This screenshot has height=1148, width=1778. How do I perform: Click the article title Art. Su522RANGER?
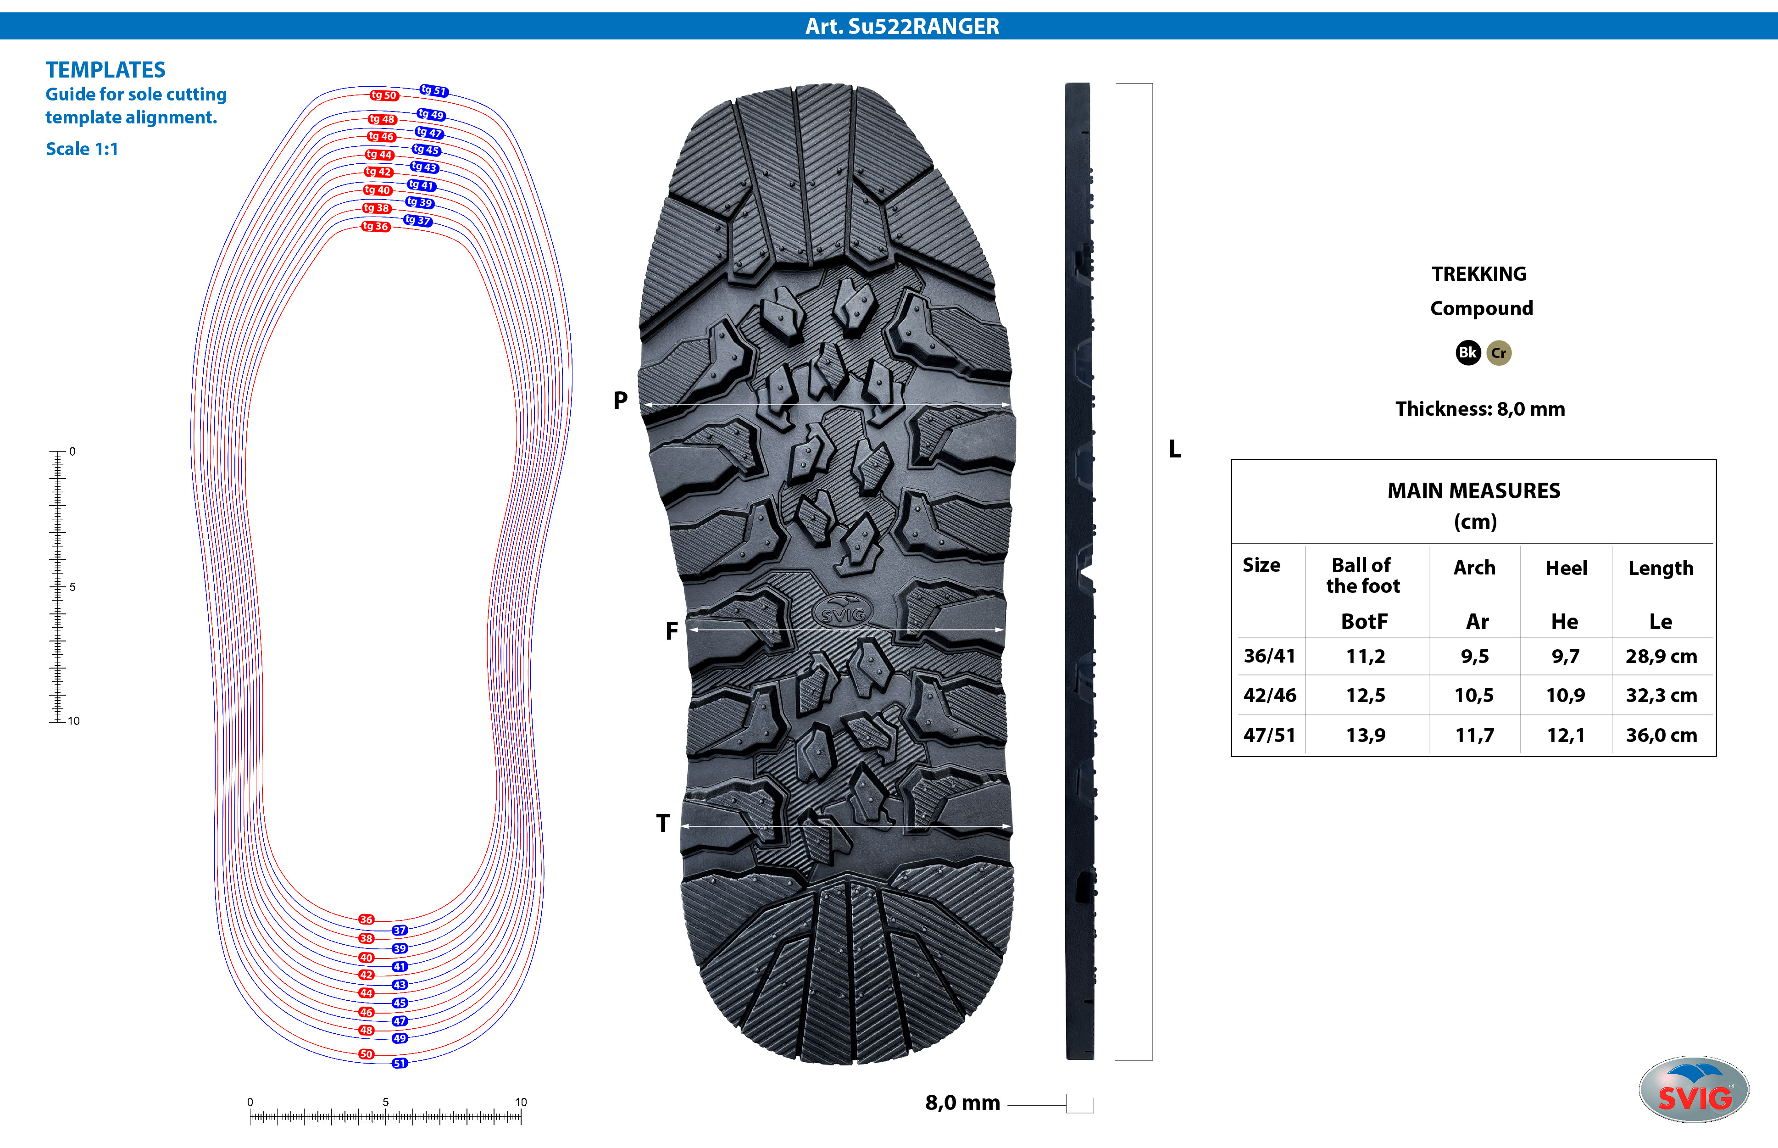tap(902, 26)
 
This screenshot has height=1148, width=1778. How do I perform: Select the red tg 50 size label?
tap(384, 95)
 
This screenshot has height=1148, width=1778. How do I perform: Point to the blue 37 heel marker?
tap(400, 931)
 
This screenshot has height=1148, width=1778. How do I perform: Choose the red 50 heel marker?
tap(366, 1054)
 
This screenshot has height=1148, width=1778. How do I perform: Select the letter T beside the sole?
tap(662, 824)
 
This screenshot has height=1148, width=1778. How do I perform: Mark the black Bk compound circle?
tap(1467, 352)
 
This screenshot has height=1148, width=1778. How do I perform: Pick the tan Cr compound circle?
tap(1499, 352)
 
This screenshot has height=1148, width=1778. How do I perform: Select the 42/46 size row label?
tap(1269, 696)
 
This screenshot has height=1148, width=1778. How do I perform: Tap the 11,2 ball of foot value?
tap(1365, 656)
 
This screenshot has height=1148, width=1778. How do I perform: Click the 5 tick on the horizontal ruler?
tap(385, 1103)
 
